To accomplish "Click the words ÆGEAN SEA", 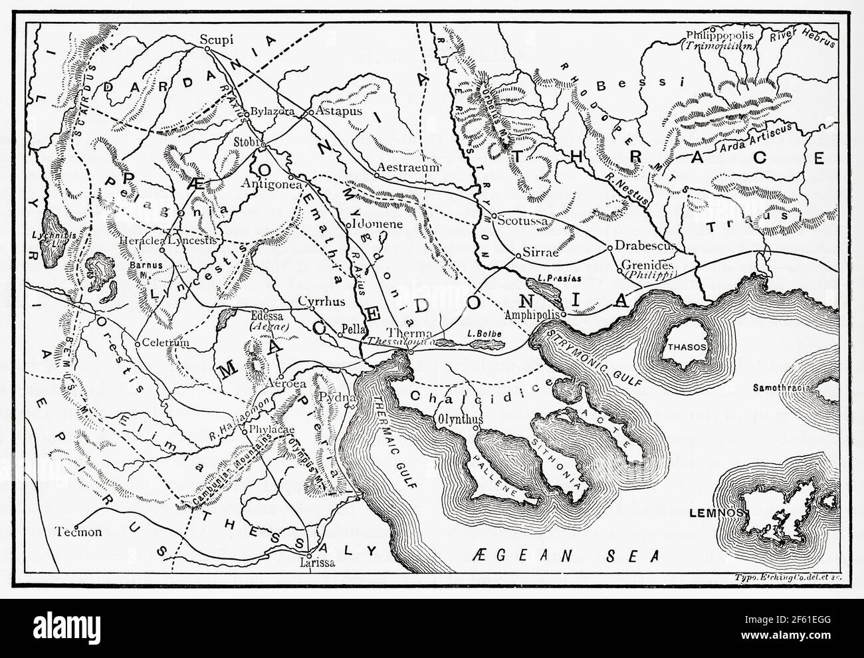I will [x=568, y=553].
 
